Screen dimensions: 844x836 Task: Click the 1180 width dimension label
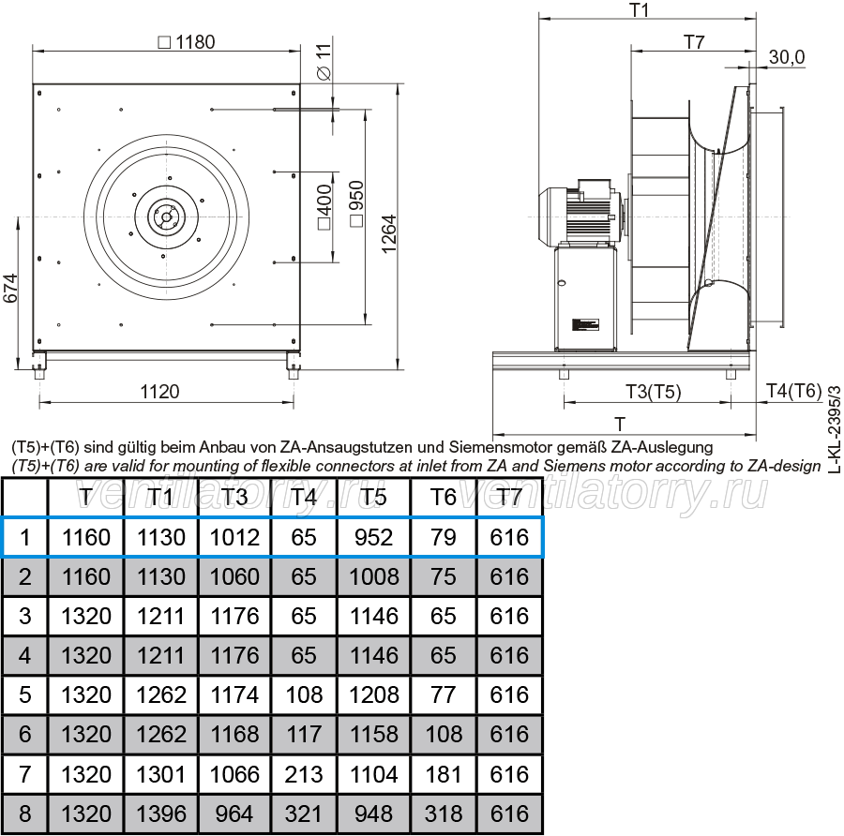(x=187, y=42)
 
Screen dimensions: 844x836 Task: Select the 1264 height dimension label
(x=388, y=234)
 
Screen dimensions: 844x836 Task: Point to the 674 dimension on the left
(x=10, y=289)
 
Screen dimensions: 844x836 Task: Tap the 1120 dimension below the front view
(x=159, y=392)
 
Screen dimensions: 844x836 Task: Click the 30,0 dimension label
(x=787, y=57)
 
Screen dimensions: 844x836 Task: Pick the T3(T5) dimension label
(x=654, y=392)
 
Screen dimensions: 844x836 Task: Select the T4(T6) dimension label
(x=794, y=391)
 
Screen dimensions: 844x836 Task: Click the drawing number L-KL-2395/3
(x=835, y=428)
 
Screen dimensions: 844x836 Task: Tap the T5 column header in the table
(x=373, y=497)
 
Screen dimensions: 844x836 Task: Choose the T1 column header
(x=160, y=497)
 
